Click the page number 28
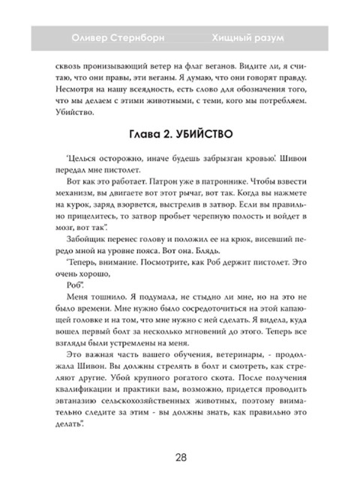180,459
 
